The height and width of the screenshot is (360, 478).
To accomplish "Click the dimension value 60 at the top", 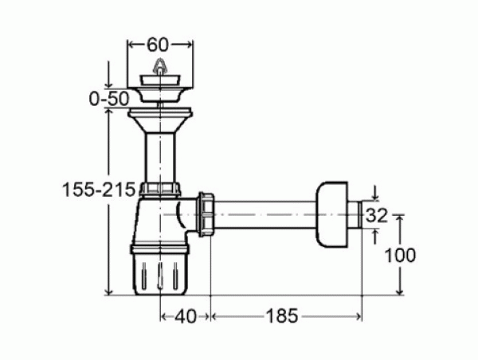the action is point(158,45).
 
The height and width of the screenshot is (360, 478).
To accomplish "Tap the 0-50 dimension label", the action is point(109,99).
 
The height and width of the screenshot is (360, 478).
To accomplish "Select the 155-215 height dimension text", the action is point(99,190).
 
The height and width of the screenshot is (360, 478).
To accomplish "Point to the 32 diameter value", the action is point(377,216).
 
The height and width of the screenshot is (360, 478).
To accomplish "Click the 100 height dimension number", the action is point(400,256).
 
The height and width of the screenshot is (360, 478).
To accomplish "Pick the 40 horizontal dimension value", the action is point(186,316).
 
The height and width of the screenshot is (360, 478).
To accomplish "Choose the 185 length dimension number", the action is point(282,316).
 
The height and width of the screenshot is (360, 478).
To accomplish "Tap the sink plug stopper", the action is point(160,80).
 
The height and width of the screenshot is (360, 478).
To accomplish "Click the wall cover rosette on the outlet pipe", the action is point(331,214).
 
